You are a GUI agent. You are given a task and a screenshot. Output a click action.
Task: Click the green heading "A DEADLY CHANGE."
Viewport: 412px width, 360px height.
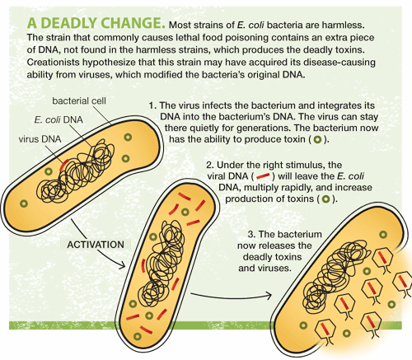[x=96, y=23]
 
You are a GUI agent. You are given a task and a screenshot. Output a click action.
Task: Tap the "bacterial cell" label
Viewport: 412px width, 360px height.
[x=79, y=101]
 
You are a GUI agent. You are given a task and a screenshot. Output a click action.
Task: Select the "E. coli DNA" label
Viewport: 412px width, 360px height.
[x=59, y=119]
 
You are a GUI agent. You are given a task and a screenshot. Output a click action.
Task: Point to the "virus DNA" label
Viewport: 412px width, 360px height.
[x=40, y=139]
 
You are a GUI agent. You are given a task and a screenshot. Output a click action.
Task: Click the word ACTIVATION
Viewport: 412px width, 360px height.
[x=96, y=245]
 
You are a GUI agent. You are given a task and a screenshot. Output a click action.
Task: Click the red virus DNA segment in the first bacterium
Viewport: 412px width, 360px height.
[x=64, y=165]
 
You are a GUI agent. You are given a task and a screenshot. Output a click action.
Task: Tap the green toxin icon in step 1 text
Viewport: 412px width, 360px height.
[x=318, y=139]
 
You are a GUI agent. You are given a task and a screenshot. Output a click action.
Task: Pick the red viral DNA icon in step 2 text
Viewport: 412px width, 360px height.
[x=263, y=176]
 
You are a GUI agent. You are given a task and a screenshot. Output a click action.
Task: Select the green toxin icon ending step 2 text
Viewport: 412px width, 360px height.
[x=326, y=199]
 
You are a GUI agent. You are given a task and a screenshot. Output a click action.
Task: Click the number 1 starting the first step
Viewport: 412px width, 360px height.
[x=152, y=105]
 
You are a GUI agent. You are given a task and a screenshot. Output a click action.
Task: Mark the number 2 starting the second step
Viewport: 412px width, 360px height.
[x=209, y=165]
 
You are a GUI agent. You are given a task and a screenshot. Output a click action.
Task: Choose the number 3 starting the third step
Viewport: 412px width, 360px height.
[x=251, y=234]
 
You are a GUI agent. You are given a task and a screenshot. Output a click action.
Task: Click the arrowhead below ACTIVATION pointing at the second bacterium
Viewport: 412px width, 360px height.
[x=122, y=264]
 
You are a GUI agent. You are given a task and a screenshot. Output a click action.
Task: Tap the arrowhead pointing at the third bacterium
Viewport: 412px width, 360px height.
[x=269, y=296]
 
